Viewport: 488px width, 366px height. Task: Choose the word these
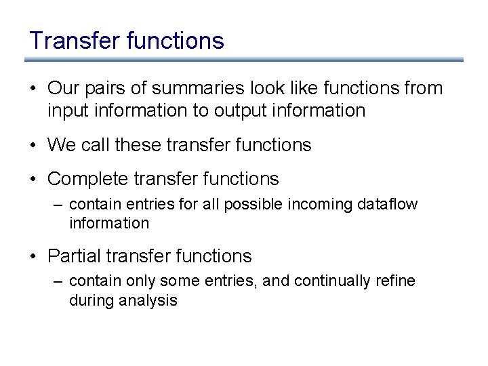[x=139, y=144]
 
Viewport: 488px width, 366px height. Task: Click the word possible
[x=248, y=204]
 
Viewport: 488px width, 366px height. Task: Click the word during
[x=91, y=301]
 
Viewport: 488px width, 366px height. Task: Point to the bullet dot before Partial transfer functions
[x=33, y=257]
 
